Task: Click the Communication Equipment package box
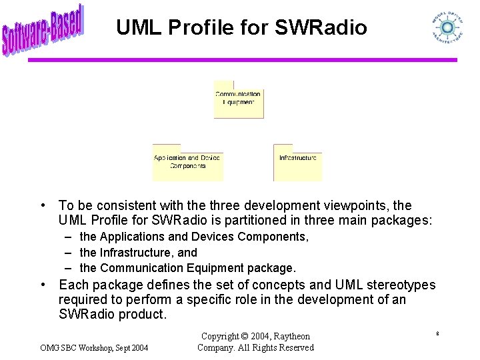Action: (238, 99)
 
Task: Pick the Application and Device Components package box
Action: (187, 163)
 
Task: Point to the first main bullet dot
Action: (42, 205)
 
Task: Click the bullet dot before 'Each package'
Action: (42, 285)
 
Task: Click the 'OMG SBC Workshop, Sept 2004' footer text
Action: (94, 347)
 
